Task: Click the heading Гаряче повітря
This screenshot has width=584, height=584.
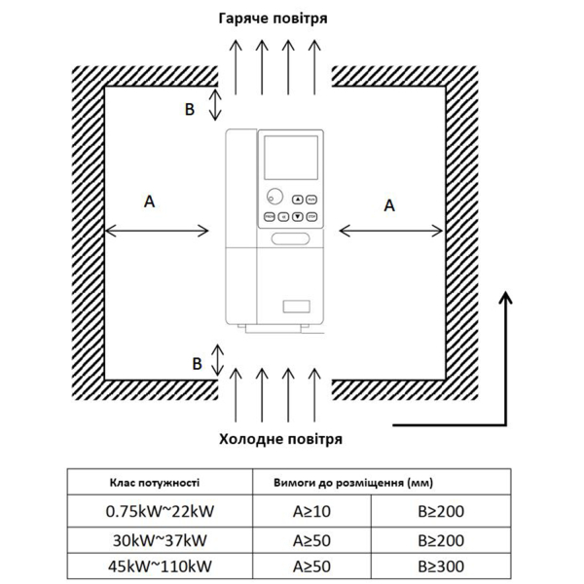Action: (273, 18)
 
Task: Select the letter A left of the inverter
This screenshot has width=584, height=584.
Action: (149, 201)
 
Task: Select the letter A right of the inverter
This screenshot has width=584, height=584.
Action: (390, 205)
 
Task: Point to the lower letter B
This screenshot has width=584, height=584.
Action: (197, 364)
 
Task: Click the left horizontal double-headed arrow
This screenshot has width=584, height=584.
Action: (157, 231)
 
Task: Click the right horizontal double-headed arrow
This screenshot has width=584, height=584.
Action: (391, 231)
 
